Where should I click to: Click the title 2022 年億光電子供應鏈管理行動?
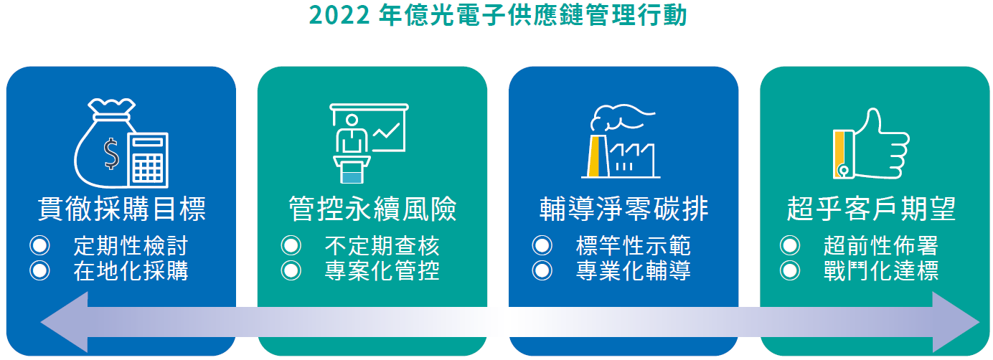[x=497, y=15]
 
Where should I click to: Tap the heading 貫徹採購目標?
[x=122, y=209]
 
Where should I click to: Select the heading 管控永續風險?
[x=372, y=209]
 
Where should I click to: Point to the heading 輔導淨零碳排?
[x=623, y=209]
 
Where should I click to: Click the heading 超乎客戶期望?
[x=871, y=209]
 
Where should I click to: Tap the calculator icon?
[x=148, y=160]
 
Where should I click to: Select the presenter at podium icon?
[x=369, y=143]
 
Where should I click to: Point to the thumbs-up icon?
[x=871, y=143]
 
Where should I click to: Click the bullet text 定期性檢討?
[x=131, y=246]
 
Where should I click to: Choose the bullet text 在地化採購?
[x=131, y=271]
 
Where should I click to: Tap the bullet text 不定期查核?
[x=382, y=246]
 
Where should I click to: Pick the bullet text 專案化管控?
[x=382, y=271]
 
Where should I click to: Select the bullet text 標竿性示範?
[x=634, y=246]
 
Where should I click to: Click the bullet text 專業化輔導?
[x=634, y=271]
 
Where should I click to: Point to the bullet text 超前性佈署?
[x=881, y=246]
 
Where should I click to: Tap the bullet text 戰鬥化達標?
[x=881, y=271]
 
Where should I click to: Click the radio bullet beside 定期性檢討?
[x=39, y=245]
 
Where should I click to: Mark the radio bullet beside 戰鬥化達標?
[x=790, y=270]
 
